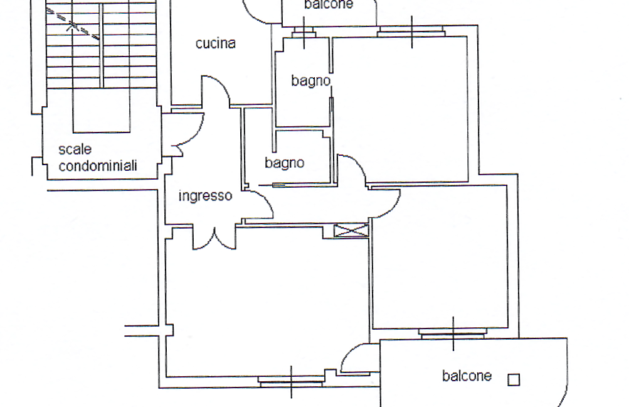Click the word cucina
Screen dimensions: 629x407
216,43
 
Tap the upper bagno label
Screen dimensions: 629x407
311,81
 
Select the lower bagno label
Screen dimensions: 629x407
285,163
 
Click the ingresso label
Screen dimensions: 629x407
205,196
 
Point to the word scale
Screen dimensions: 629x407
75,149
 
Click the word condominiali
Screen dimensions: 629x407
98,166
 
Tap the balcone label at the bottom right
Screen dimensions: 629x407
467,376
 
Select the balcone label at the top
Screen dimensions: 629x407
329,4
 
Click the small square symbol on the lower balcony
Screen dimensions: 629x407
514,380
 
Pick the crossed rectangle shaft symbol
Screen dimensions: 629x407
351,231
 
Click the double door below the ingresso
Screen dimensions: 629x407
214,239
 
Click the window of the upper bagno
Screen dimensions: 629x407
304,33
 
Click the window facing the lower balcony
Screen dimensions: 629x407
453,333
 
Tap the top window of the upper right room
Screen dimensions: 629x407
411,31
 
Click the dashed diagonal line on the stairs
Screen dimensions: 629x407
73,24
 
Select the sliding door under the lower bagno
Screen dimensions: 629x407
278,185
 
